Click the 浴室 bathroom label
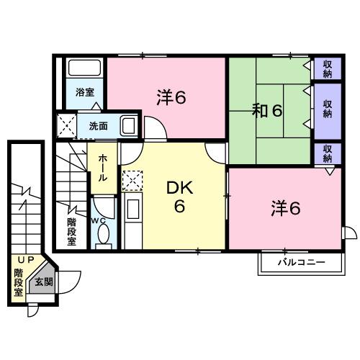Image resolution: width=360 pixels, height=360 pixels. point(85,92)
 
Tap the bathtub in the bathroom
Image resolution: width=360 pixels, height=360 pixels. point(84,68)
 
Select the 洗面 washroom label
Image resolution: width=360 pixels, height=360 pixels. point(98,126)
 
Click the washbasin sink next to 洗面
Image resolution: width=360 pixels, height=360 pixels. point(129,126)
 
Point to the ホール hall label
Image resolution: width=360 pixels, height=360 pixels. point(102,168)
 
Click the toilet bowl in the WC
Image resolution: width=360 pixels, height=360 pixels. point(104,233)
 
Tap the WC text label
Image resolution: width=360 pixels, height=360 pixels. point(99,221)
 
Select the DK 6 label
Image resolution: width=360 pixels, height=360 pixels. point(179,197)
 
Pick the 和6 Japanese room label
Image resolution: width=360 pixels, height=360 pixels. point(267,111)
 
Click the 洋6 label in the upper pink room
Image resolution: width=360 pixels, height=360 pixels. point(171,97)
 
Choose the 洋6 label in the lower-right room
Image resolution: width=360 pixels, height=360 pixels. point(286,208)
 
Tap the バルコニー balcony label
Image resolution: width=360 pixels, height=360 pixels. point(302,262)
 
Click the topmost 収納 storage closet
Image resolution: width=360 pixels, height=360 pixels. point(328,68)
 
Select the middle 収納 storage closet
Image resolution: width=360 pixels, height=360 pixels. point(328,111)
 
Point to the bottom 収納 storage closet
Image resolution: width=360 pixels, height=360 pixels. point(328,153)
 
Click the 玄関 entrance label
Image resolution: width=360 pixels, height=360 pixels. point(44,282)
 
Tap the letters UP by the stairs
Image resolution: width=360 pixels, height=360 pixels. point(27,259)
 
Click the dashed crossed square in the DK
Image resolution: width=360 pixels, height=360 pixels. point(132,181)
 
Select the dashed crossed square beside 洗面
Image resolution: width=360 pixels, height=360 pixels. point(67,126)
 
